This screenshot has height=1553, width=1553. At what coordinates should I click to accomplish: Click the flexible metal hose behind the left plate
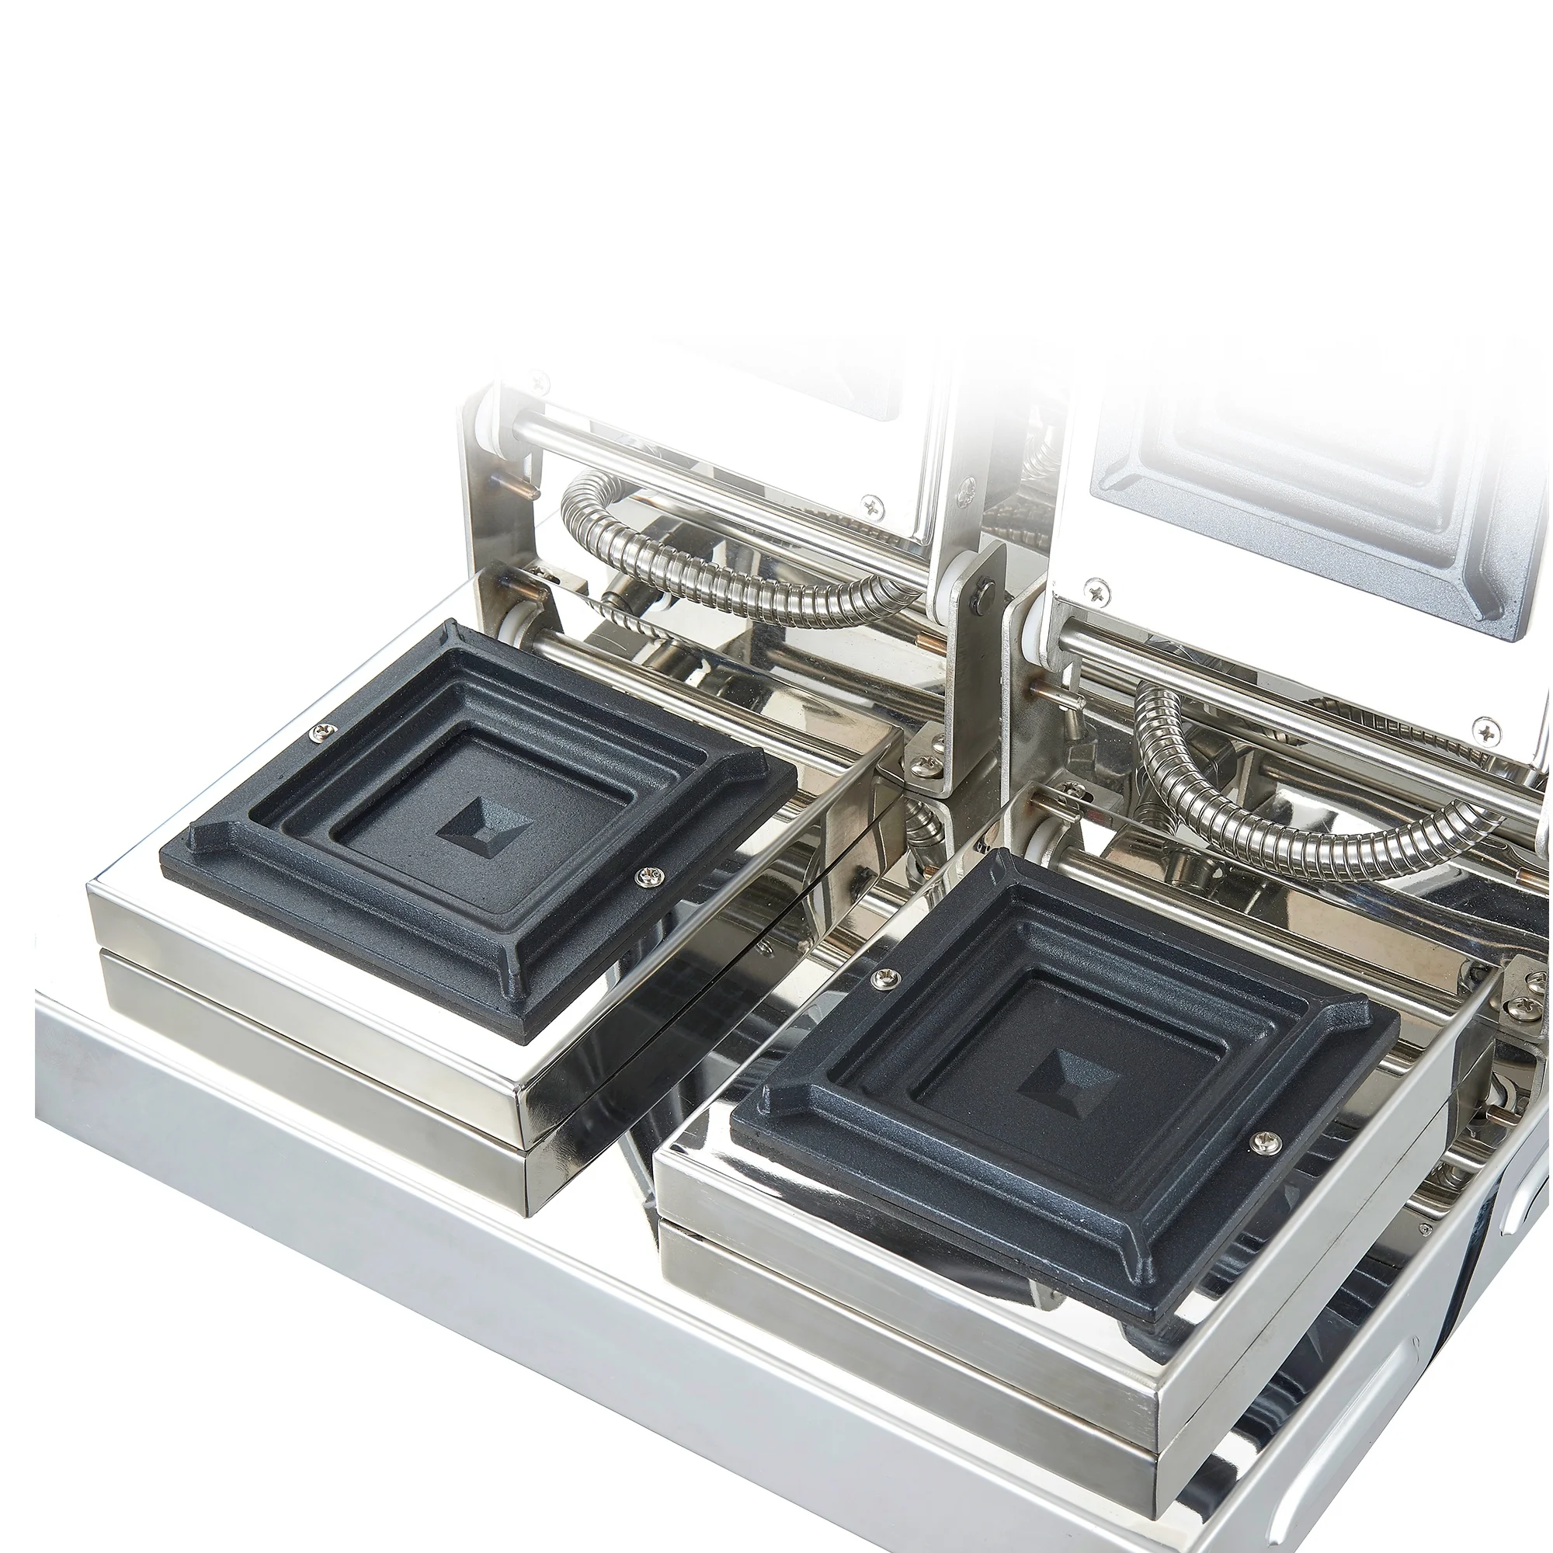point(724,563)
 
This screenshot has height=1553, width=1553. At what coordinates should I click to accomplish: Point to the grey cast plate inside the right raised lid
point(1286,482)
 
